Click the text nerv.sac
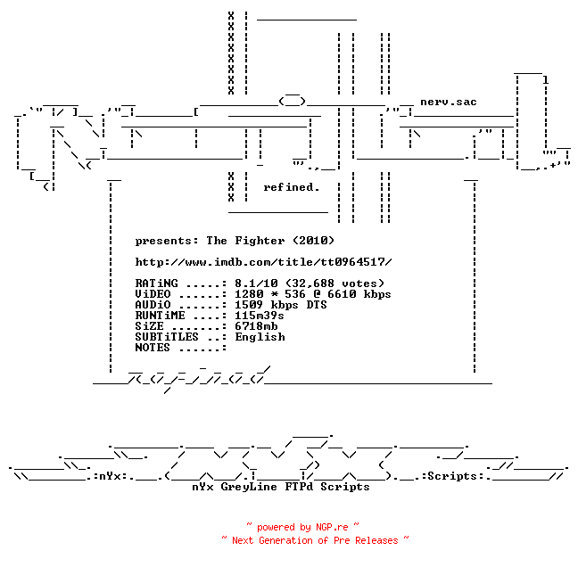pos(449,102)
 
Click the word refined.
pos(291,187)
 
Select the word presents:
pos(167,242)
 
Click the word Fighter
pos(260,241)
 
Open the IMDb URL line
pos(263,262)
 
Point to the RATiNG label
pos(156,283)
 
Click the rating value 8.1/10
pos(256,283)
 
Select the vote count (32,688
pos(310,283)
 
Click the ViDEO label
pos(153,294)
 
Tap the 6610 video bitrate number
pos(342,294)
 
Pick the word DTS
pos(317,305)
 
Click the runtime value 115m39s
pos(260,316)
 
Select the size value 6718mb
pos(256,326)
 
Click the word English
pos(260,337)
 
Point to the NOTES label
pos(153,348)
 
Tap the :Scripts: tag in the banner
pos(453,476)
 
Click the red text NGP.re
pos(332,527)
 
